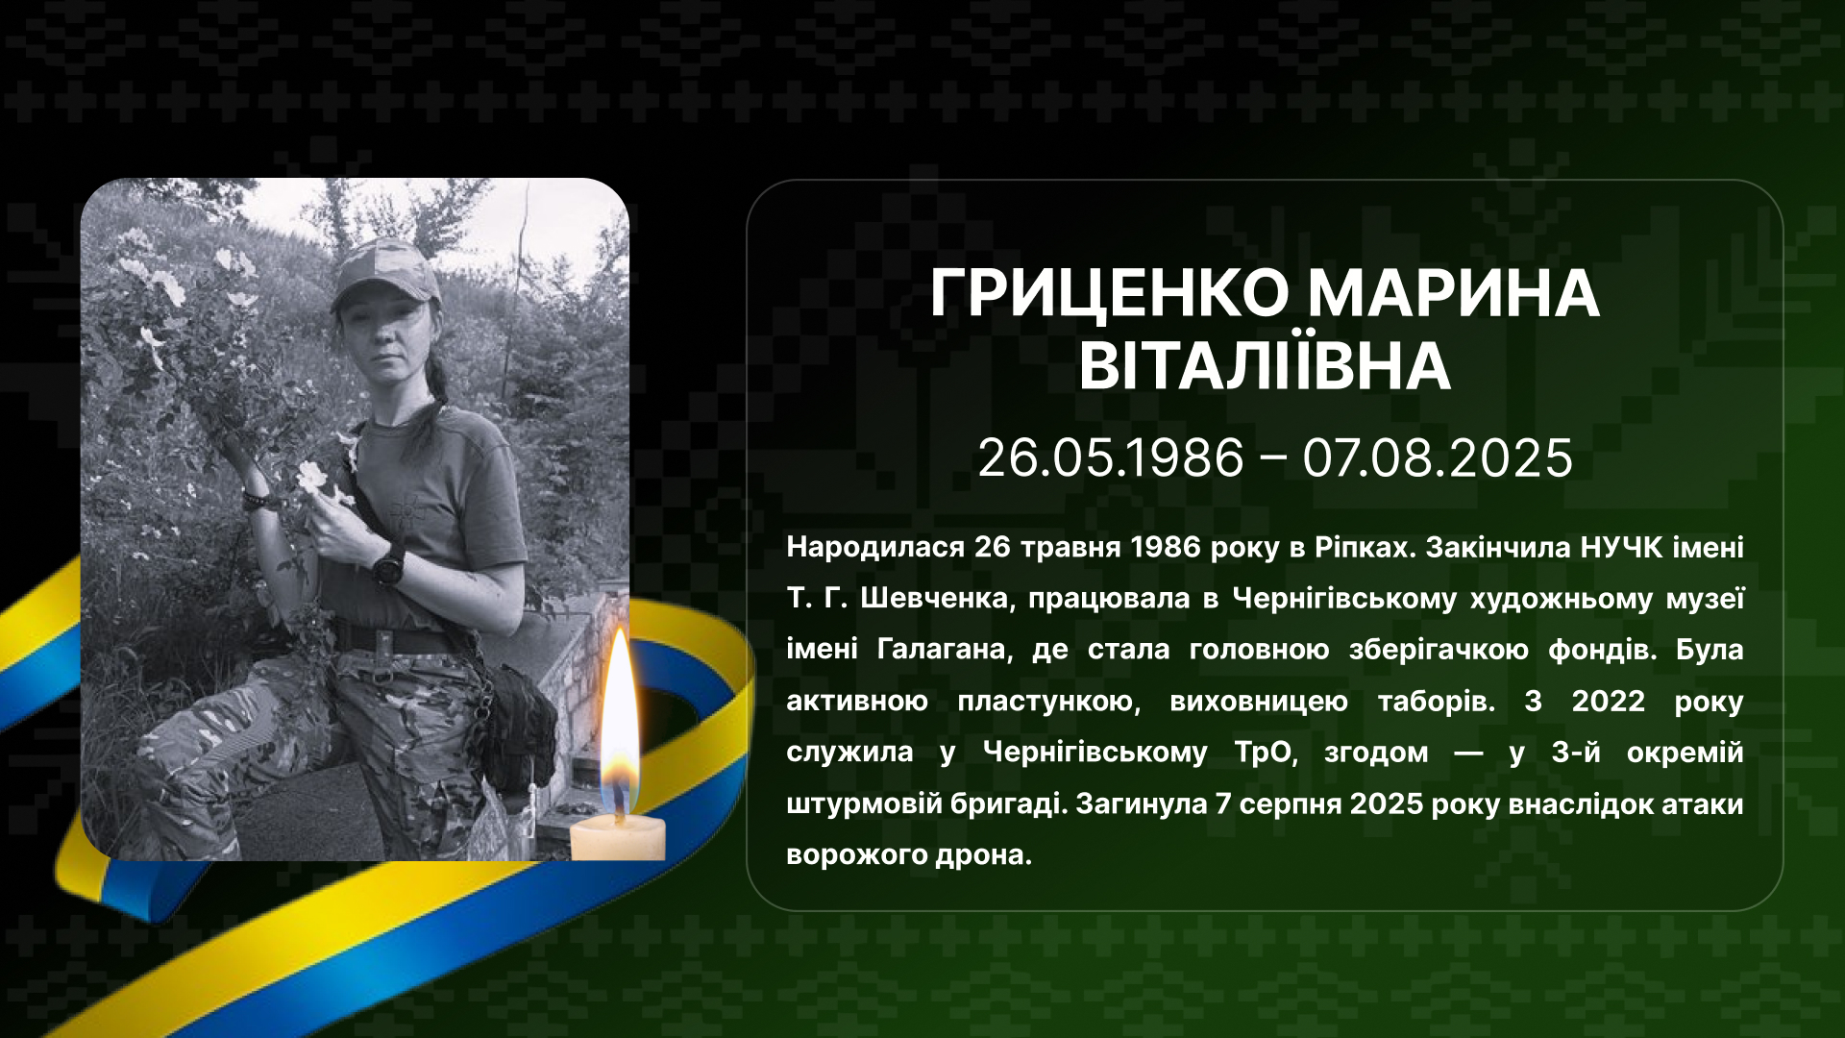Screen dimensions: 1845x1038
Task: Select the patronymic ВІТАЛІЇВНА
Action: [x=1265, y=365]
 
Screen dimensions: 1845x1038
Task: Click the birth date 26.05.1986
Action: [x=1111, y=457]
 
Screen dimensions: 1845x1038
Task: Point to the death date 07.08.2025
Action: [x=1438, y=457]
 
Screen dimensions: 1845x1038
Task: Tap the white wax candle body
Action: [x=618, y=838]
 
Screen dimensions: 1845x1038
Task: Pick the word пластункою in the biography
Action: [x=1049, y=702]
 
